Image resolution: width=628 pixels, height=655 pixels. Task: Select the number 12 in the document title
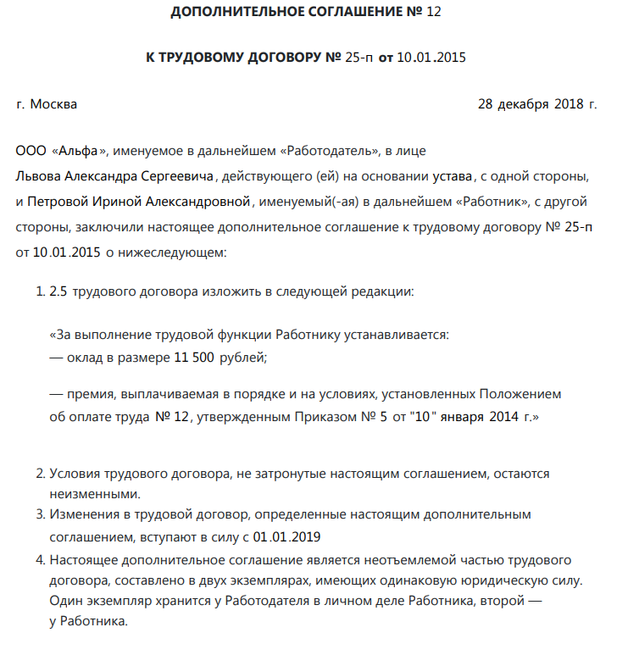tap(433, 12)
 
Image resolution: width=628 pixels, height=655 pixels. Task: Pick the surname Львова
tap(38, 176)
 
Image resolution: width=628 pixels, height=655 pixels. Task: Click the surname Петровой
tap(61, 202)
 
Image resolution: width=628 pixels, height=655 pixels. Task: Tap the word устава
tap(450, 176)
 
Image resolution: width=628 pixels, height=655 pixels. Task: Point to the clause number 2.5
tap(58, 291)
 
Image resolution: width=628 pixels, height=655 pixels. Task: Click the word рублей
tap(243, 357)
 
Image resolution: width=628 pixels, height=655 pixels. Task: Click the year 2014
tap(504, 417)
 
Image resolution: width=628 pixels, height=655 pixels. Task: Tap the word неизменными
tap(94, 494)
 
